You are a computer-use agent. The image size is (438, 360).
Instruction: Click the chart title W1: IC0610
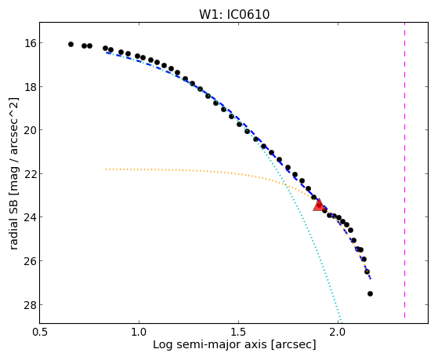tap(234, 14)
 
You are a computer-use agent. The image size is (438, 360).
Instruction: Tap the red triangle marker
tap(318, 205)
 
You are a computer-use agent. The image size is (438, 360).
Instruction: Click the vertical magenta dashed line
tap(404, 170)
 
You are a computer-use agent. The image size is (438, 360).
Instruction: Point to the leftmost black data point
tap(71, 44)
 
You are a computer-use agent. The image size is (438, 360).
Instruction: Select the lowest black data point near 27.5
tap(370, 293)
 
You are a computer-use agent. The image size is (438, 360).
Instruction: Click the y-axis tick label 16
tap(29, 43)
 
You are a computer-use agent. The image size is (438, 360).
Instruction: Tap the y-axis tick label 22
tap(29, 174)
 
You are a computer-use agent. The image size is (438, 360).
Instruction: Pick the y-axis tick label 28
tap(29, 305)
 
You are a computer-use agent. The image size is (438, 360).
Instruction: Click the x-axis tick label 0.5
tap(40, 332)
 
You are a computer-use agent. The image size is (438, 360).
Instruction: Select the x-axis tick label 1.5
tap(238, 332)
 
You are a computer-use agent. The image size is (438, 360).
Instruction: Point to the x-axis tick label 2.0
tap(338, 332)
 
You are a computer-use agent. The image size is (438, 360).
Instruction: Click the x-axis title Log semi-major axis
tap(210, 344)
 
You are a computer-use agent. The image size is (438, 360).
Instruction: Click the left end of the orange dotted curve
tap(106, 169)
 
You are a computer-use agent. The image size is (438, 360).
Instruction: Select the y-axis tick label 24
tap(29, 217)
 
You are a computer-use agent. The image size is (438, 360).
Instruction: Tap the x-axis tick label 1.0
tap(139, 332)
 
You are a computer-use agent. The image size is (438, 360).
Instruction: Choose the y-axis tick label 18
tap(29, 87)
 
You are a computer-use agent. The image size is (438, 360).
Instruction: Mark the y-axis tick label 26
tap(29, 261)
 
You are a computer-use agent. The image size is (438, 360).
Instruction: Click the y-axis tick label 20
tap(29, 130)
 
